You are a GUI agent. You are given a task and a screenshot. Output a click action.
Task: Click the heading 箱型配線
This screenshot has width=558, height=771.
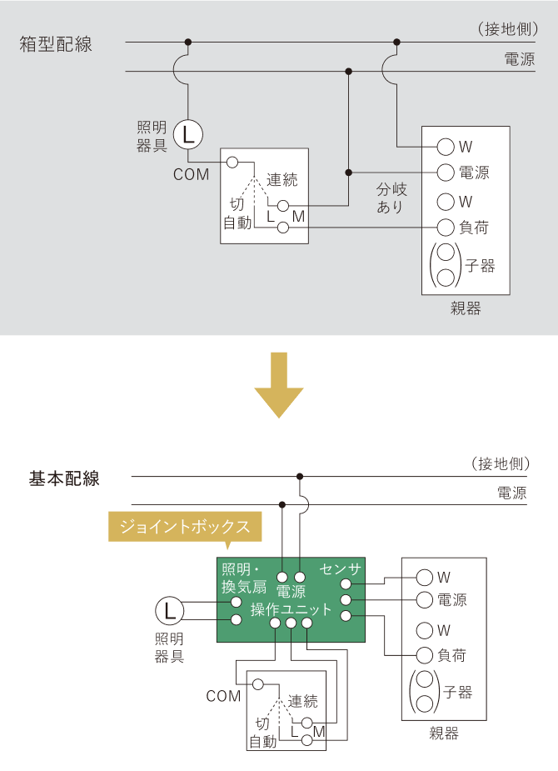pyautogui.click(x=56, y=45)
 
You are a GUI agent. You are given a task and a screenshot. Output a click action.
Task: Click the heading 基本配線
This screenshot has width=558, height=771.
pyautogui.click(x=64, y=479)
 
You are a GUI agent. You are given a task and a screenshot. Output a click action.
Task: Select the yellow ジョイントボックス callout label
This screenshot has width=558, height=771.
pyautogui.click(x=185, y=527)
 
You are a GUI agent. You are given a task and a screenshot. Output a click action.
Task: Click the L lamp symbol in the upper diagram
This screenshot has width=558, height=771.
pyautogui.click(x=188, y=132)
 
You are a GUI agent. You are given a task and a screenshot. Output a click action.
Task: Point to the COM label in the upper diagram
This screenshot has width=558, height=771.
pyautogui.click(x=191, y=175)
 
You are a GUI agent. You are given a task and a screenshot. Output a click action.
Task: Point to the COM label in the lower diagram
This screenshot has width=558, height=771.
pyautogui.click(x=223, y=696)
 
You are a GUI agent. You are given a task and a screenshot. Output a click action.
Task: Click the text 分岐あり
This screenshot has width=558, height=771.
pyautogui.click(x=390, y=198)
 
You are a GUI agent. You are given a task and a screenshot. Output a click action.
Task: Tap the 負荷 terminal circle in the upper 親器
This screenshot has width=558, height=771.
pyautogui.click(x=445, y=226)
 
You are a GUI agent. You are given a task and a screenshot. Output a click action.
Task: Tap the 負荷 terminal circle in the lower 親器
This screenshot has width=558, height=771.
pyautogui.click(x=425, y=655)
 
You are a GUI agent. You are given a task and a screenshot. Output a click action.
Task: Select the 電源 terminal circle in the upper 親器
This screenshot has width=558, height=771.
pyautogui.click(x=445, y=173)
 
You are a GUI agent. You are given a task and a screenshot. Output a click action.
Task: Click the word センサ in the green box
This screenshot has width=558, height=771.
pyautogui.click(x=340, y=569)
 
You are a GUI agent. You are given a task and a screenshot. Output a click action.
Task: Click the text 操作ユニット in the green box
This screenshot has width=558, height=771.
pyautogui.click(x=291, y=610)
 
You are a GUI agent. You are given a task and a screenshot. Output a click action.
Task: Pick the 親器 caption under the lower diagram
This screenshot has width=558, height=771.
pyautogui.click(x=444, y=733)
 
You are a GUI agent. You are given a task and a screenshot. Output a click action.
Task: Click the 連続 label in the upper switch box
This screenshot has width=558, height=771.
pyautogui.click(x=282, y=180)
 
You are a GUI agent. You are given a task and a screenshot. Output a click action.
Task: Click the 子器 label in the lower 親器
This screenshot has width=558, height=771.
pyautogui.click(x=457, y=692)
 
